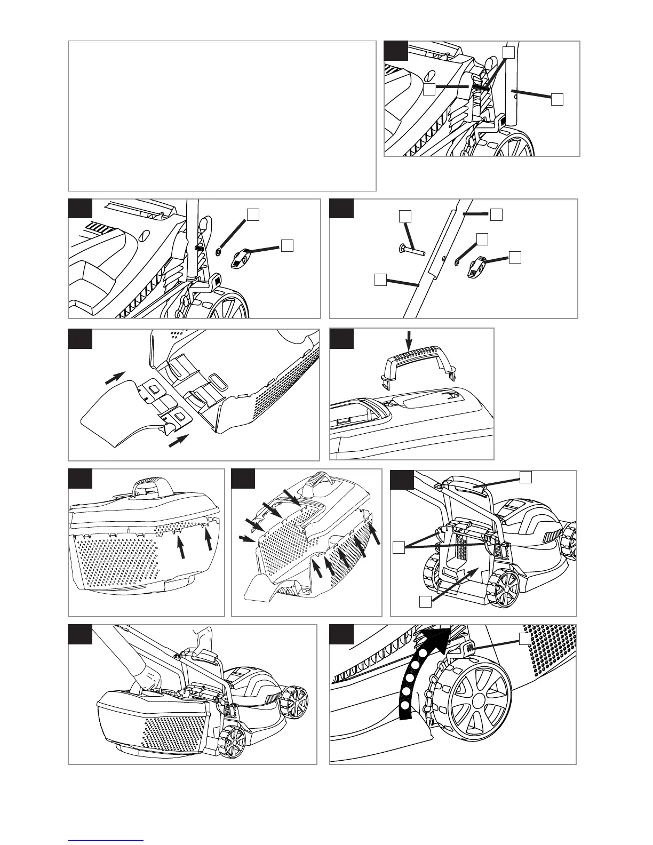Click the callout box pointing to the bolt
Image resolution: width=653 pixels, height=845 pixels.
[405, 216]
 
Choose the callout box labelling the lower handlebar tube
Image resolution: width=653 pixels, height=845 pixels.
[380, 279]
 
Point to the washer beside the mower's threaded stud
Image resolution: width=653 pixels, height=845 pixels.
[220, 250]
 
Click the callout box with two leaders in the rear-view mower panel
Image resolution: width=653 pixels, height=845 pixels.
[397, 546]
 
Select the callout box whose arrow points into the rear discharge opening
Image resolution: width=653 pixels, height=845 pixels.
[425, 602]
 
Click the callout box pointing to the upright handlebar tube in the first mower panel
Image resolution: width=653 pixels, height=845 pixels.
[557, 99]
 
